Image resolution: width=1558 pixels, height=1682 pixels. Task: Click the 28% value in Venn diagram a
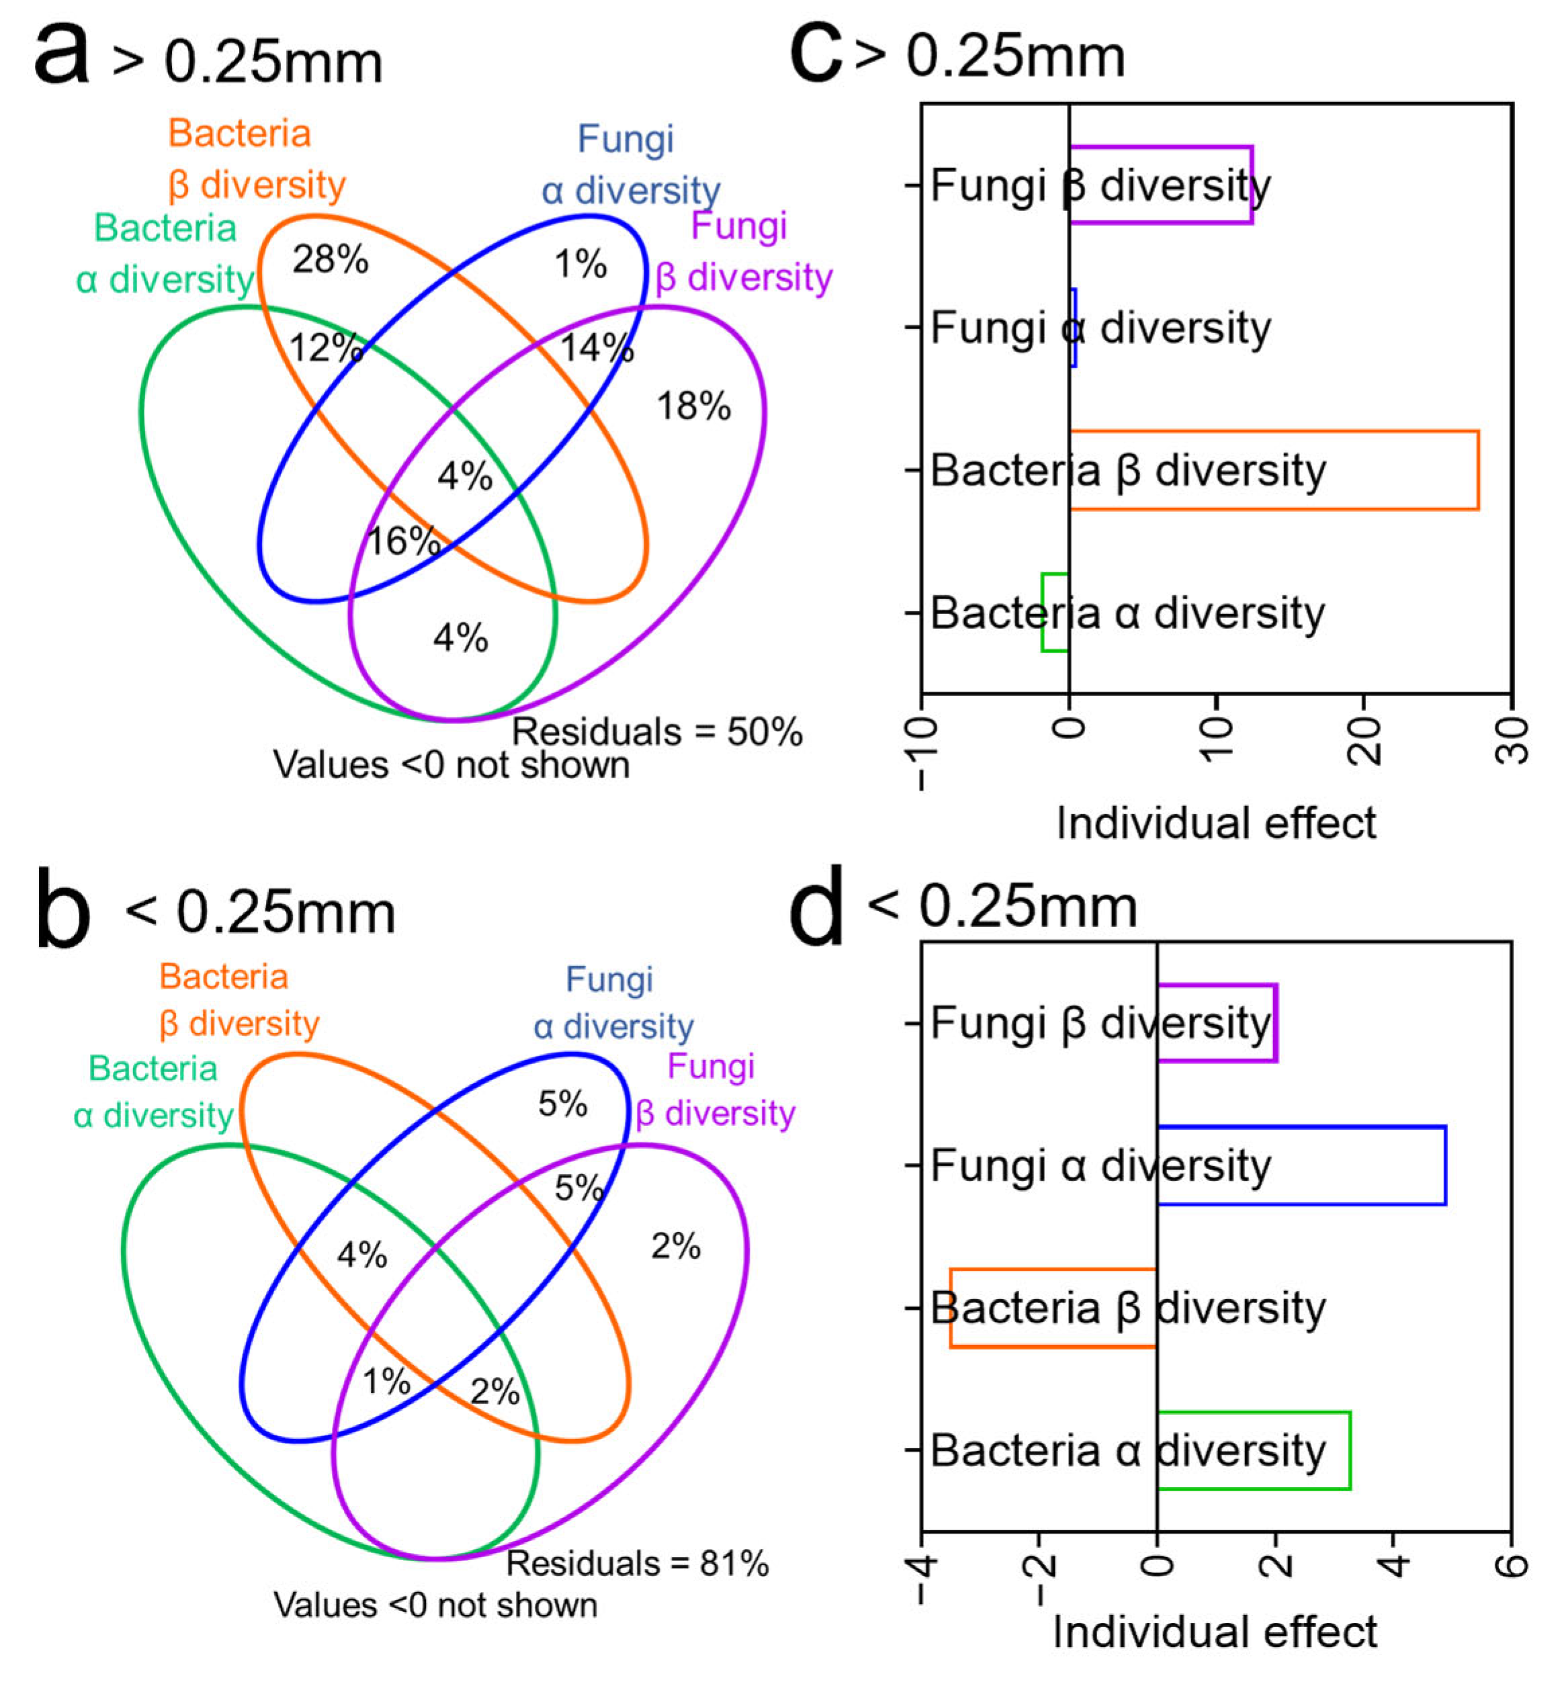(x=330, y=260)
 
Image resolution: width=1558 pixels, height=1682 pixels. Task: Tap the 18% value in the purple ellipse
(x=693, y=406)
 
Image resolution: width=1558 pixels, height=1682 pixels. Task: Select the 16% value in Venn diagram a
(x=404, y=541)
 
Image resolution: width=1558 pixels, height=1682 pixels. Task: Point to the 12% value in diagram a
(x=325, y=347)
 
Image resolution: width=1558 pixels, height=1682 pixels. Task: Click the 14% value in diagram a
(x=596, y=347)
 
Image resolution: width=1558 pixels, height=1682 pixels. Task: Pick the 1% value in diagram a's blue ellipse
(x=580, y=265)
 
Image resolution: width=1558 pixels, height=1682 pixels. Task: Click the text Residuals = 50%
(x=657, y=732)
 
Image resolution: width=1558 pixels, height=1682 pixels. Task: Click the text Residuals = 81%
(x=638, y=1563)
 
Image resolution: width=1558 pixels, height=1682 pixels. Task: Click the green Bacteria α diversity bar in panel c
(x=1054, y=612)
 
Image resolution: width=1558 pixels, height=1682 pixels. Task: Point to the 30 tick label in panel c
(x=1511, y=740)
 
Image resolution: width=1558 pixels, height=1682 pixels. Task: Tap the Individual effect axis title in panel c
(x=1216, y=823)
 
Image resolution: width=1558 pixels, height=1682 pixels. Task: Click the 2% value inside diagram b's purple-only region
(x=675, y=1246)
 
